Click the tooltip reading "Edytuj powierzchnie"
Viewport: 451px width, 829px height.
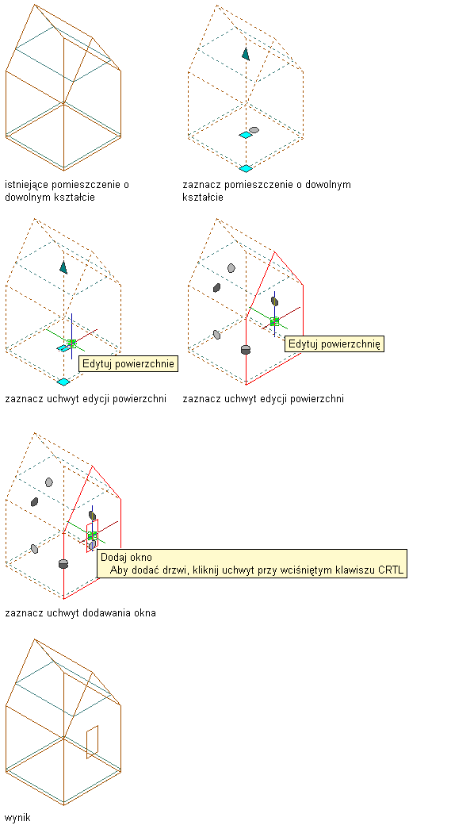(128, 364)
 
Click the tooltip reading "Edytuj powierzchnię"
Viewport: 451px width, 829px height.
(334, 344)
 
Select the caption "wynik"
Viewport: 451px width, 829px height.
(18, 818)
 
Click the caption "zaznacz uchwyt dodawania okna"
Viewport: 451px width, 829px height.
(80, 613)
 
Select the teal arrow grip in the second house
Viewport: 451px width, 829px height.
(246, 53)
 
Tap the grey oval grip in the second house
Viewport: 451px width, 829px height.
(254, 130)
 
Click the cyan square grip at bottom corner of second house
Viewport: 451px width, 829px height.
(246, 168)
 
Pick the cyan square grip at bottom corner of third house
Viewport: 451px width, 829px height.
(63, 382)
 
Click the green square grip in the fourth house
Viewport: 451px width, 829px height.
(274, 321)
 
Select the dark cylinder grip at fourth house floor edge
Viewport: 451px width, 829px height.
(245, 350)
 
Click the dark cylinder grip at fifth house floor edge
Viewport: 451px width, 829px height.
(63, 563)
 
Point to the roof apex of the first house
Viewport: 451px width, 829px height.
(34, 5)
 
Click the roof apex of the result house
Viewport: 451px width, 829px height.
(34, 639)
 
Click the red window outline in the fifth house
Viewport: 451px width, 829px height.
(93, 536)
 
